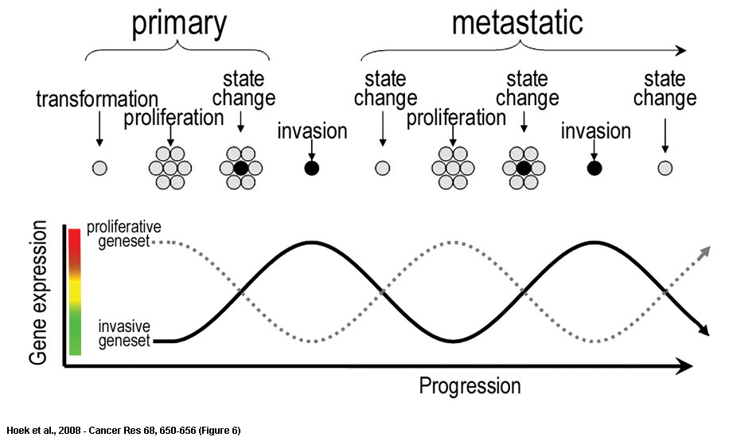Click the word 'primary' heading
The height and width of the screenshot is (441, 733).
(179, 25)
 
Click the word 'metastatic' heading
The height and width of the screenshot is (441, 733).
(517, 22)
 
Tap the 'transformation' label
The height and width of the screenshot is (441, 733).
(97, 100)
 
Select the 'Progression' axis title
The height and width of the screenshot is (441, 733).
(470, 386)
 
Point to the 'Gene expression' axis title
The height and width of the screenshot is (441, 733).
(38, 293)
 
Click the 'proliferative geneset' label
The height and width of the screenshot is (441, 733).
(124, 234)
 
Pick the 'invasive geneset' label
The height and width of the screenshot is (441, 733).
(124, 334)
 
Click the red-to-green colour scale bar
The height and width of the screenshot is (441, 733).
(75, 292)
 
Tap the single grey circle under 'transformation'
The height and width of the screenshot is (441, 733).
(99, 168)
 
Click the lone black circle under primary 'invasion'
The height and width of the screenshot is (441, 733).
(312, 168)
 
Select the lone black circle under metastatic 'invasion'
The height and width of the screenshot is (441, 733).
(595, 168)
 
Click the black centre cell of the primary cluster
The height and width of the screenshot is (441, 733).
(240, 168)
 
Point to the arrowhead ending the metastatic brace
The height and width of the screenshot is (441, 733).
(681, 50)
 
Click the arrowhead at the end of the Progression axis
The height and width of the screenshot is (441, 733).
(684, 367)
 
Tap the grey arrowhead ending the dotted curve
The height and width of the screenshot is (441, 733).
(705, 251)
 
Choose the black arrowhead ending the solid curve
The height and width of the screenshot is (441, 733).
(704, 330)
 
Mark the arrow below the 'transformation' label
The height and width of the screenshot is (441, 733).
(99, 129)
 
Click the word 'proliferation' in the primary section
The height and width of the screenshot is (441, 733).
(174, 118)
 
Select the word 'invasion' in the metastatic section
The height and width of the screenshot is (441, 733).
(595, 131)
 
